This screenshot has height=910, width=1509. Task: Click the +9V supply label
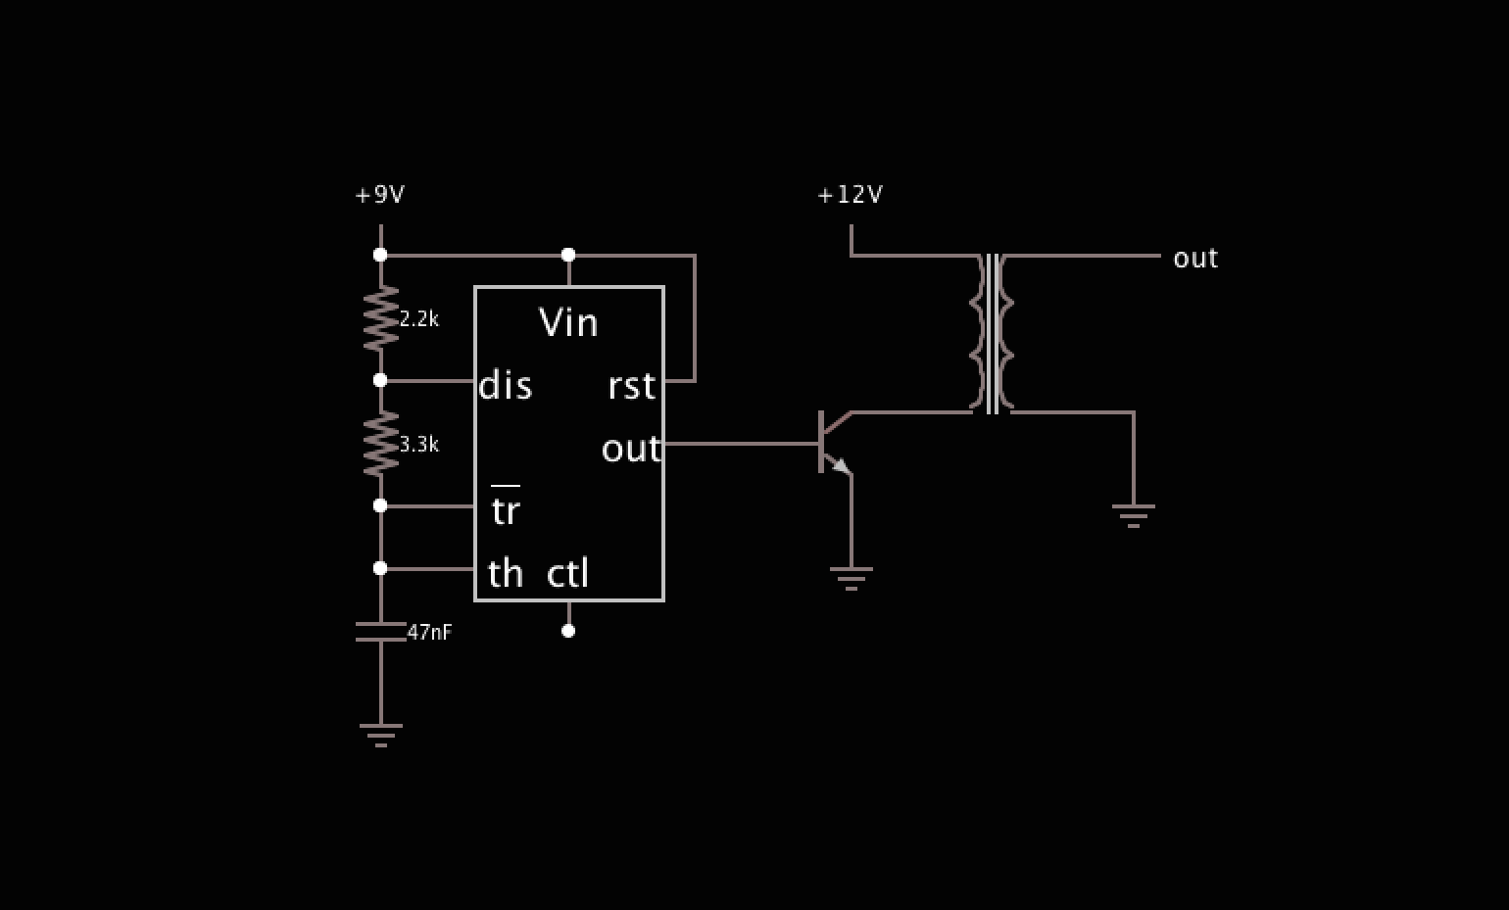(379, 195)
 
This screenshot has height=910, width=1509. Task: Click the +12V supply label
(850, 195)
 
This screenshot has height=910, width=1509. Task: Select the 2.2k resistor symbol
(381, 318)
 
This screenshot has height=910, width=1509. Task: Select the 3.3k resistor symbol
(381, 444)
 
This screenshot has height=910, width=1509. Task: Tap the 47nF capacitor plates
(381, 632)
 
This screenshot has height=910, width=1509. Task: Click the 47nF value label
(429, 633)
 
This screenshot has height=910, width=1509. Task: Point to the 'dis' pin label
(505, 386)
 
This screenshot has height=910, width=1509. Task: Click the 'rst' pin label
(631, 386)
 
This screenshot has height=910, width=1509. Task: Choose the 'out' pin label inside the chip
(631, 449)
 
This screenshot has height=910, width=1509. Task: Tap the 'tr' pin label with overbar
(505, 508)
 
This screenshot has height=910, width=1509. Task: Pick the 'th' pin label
(505, 573)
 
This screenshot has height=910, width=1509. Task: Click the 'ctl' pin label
(567, 573)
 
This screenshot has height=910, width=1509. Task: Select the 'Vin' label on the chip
(568, 322)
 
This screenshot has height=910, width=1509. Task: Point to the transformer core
(993, 334)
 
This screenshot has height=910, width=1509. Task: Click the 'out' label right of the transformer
(1195, 259)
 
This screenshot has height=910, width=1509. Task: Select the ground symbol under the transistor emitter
(851, 578)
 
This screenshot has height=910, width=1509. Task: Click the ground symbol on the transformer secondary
(1134, 515)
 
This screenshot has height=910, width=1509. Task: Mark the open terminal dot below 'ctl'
(568, 631)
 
